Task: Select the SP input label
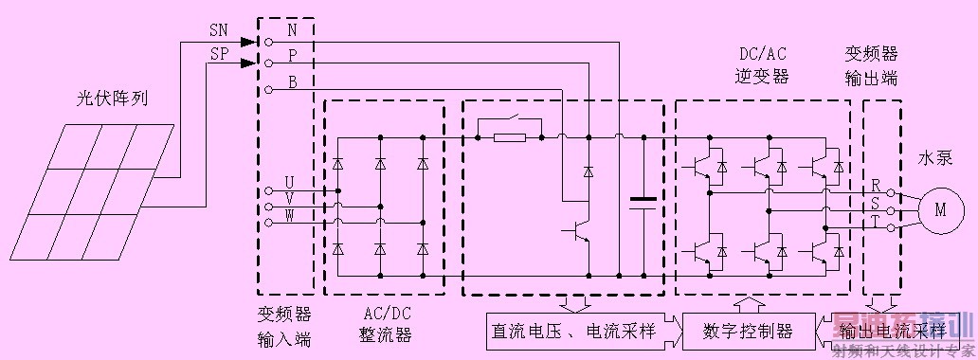tap(218, 54)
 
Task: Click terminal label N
tap(292, 32)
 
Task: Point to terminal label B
tap(292, 82)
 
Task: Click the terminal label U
tap(290, 180)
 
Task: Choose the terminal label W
tap(290, 221)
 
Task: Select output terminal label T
tap(876, 224)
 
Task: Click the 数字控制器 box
tap(748, 331)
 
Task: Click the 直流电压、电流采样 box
tap(574, 331)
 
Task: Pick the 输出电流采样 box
tap(892, 331)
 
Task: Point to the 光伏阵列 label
tap(113, 99)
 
